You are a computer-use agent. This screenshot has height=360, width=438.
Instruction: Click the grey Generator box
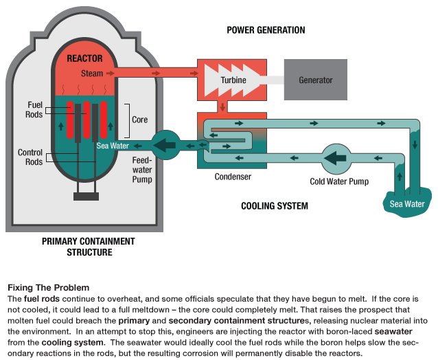pos(315,80)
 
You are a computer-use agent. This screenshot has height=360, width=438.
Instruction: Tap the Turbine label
pos(233,80)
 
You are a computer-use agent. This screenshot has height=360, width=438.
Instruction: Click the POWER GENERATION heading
pos(266,30)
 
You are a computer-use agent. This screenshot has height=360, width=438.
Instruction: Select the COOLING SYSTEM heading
pos(275,206)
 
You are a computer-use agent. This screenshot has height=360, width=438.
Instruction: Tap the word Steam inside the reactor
pos(92,73)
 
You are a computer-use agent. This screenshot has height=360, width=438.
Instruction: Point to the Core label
pos(139,120)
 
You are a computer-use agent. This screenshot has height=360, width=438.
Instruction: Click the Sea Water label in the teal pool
pos(407,204)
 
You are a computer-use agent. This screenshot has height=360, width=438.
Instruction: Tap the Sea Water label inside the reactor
pos(113,146)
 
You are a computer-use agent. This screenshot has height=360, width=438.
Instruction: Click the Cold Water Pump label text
pos(338,182)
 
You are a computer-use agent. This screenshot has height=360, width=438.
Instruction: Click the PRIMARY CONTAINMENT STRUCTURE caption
pos(89,247)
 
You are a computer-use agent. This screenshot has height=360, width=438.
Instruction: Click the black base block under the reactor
pos(87,196)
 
